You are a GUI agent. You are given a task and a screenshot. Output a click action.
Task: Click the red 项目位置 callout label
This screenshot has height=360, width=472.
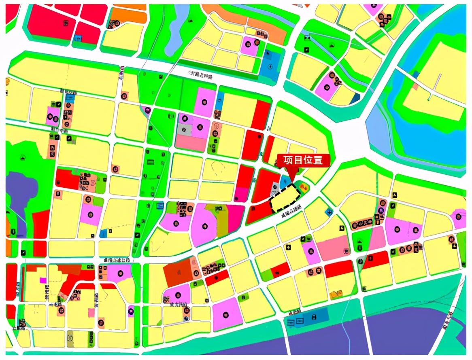point(303,160)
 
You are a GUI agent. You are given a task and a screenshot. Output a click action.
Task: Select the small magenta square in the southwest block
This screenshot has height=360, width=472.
point(43,280)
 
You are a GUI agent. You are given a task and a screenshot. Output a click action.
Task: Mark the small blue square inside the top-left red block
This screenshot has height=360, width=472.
point(78,38)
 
